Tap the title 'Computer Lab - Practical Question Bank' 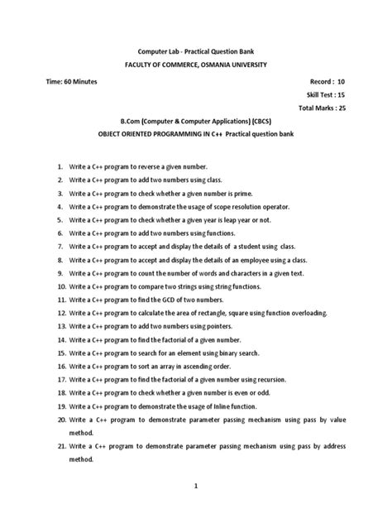click(x=196, y=50)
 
